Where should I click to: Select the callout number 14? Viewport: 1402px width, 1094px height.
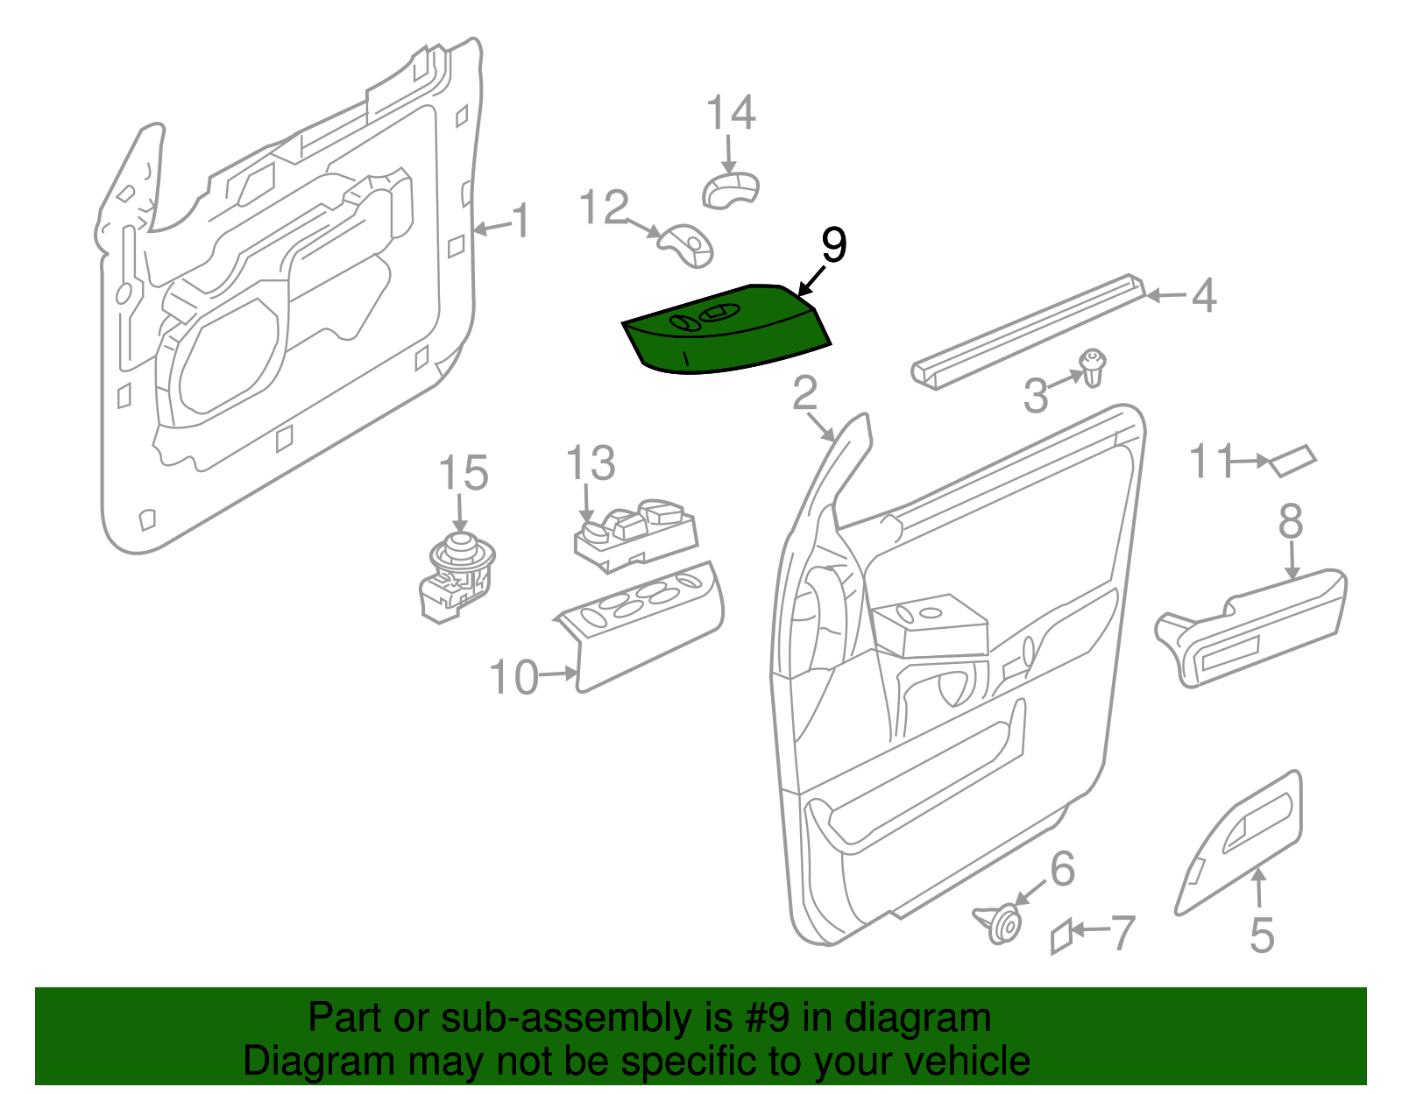731,114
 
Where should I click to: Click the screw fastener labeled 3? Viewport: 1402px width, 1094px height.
1093,367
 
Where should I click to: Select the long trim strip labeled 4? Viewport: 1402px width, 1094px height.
1030,332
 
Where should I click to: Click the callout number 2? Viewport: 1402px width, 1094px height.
804,394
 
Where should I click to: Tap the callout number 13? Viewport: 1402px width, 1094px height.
591,463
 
